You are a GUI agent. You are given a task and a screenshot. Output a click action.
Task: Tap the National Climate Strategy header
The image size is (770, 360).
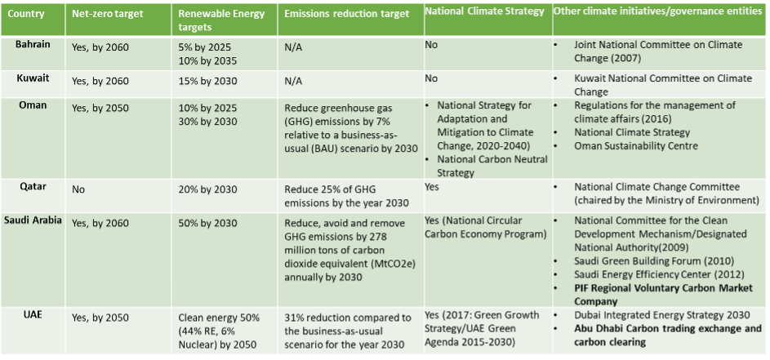click(x=484, y=11)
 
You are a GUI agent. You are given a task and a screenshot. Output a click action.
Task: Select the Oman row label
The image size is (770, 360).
click(x=32, y=105)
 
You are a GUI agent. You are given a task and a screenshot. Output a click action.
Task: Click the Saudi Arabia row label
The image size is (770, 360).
click(x=33, y=220)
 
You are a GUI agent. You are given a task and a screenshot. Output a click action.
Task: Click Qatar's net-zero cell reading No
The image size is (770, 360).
click(x=79, y=187)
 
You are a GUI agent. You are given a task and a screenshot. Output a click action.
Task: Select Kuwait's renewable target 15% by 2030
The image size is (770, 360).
click(x=207, y=82)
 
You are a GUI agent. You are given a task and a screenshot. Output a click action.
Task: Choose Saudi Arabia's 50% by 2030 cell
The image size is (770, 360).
click(x=207, y=223)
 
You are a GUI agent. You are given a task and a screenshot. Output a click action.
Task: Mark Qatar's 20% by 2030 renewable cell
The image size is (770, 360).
click(x=207, y=187)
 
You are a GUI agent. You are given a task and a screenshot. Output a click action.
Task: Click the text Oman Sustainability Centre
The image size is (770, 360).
click(x=636, y=145)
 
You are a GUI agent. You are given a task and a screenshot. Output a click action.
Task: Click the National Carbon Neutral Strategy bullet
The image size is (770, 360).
click(x=485, y=166)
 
